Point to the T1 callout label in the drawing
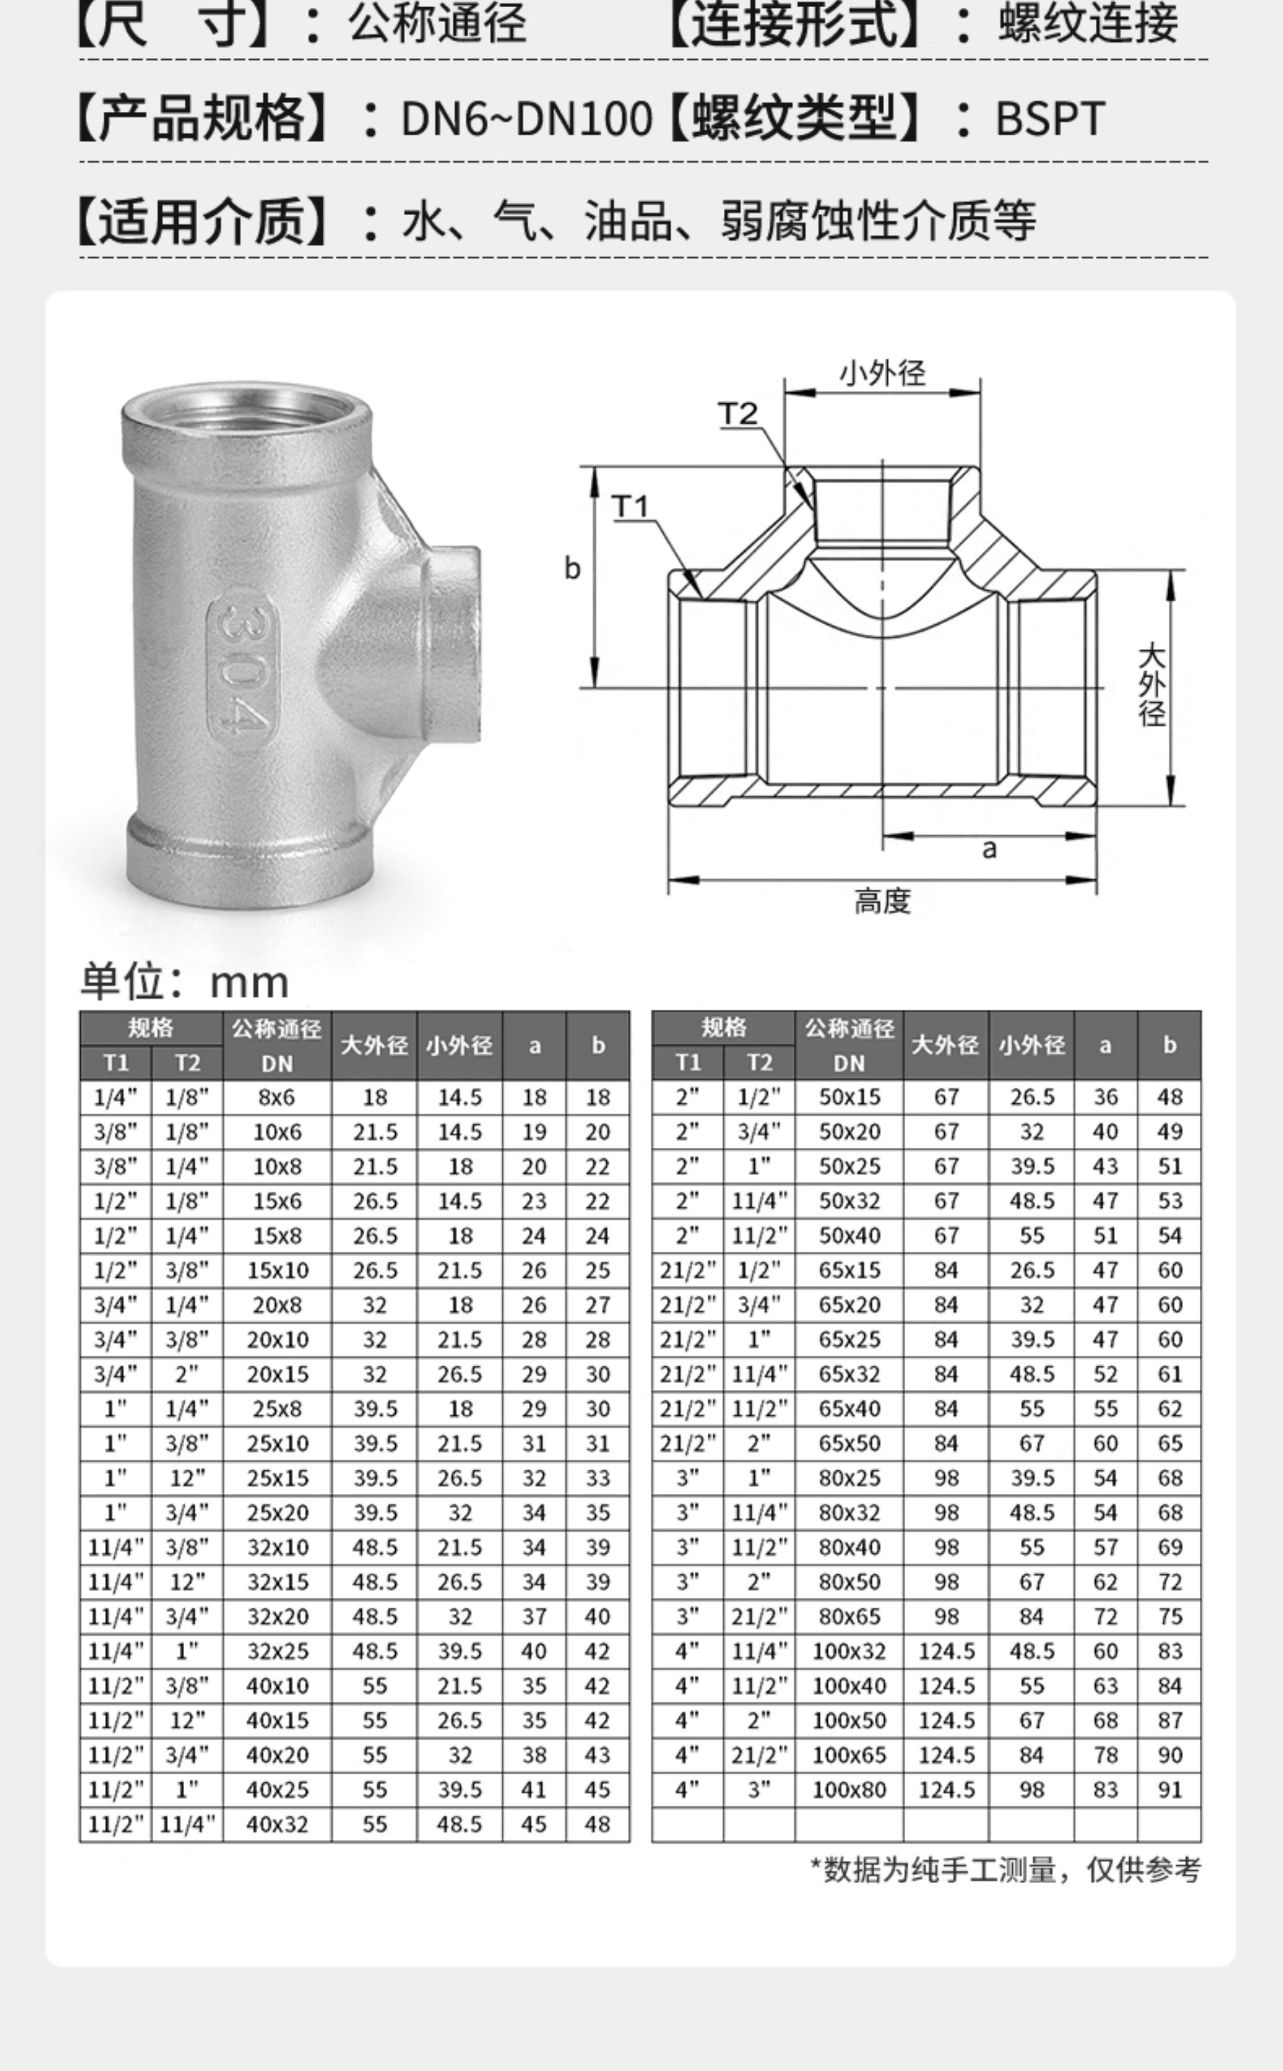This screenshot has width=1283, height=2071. (x=631, y=506)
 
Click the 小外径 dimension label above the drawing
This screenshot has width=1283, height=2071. (x=883, y=373)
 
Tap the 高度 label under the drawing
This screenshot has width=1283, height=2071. (x=883, y=901)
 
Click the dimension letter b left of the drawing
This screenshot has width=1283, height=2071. (x=573, y=568)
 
